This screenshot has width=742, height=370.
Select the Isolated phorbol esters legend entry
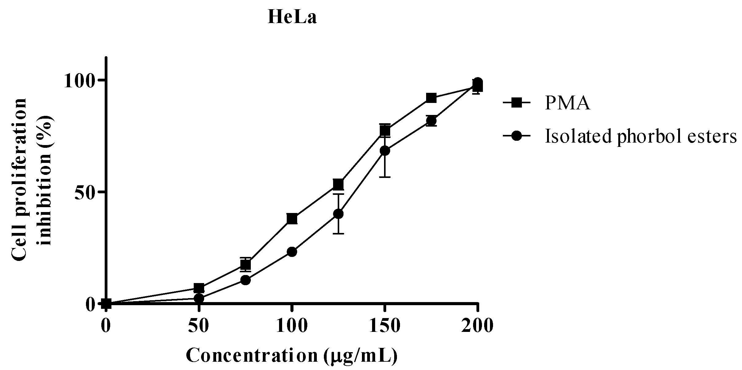640,136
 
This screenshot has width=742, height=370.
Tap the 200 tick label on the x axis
477,326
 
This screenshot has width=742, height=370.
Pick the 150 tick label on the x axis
384,326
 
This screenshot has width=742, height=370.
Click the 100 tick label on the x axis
292,326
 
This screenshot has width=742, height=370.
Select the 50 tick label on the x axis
199,326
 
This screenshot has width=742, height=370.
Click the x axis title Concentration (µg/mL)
292,356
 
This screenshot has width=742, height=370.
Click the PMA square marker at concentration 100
292,219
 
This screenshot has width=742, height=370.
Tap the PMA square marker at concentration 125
338,184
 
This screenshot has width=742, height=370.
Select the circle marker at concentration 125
338,214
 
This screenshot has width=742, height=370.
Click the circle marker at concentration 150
385,151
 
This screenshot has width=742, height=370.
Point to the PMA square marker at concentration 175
431,98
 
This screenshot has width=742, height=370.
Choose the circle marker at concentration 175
431,121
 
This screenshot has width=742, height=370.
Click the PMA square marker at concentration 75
245,264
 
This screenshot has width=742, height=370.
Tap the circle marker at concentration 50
199,298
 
